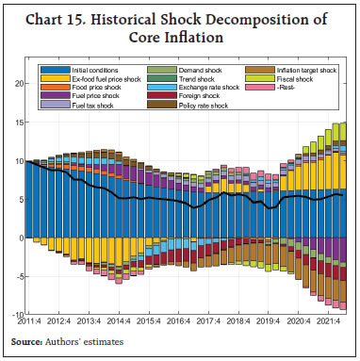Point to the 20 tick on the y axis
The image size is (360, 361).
click(19, 85)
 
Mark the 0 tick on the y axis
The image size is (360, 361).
click(22, 238)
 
